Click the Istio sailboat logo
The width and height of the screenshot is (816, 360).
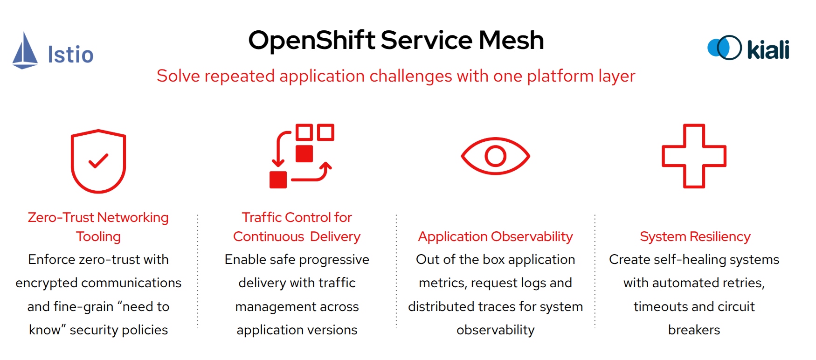pos(25,51)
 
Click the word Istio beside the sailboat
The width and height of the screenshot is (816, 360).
pos(70,55)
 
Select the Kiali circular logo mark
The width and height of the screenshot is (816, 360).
pos(724,48)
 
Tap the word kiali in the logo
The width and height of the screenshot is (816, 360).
pos(768,49)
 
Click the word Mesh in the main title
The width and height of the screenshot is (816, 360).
pos(511,40)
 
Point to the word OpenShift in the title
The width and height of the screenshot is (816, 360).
pos(311,40)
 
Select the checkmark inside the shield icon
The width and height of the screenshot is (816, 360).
pos(98,161)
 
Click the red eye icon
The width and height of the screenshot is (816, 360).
pos(495,156)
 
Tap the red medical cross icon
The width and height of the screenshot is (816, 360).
pos(694,156)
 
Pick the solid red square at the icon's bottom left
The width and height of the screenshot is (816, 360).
pos(278,180)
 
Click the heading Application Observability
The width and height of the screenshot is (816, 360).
pos(495,236)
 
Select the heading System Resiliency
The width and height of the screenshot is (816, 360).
pos(695,236)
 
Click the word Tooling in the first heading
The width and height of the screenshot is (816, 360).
pos(98,236)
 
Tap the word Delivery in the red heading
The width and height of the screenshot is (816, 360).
pos(335,236)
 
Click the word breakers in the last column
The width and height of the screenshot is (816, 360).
pos(694,330)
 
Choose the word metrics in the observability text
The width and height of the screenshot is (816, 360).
pos(442,283)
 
